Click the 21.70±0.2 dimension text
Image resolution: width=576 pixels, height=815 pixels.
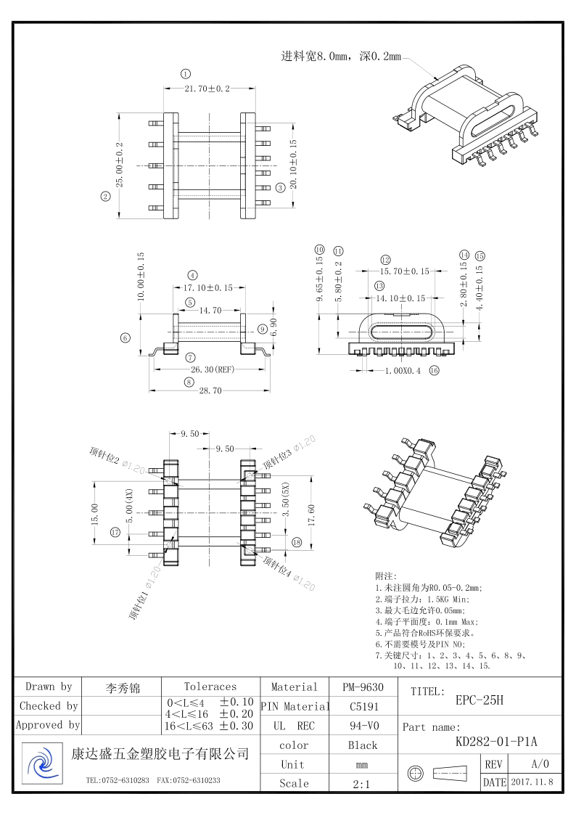(207, 89)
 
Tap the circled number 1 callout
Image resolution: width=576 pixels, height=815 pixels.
(186, 74)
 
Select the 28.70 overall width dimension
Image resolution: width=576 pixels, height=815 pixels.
(210, 391)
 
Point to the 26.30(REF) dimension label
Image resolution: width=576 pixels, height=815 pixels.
(211, 369)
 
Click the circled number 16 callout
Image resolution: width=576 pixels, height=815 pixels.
(435, 370)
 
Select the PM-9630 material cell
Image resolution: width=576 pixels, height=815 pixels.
(363, 687)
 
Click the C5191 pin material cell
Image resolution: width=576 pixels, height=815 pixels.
(363, 705)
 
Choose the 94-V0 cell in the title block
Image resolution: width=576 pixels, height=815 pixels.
(363, 725)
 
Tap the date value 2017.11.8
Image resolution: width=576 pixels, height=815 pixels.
(532, 782)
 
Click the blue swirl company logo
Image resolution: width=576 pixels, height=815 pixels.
(43, 763)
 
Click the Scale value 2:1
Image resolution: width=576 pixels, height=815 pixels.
(363, 783)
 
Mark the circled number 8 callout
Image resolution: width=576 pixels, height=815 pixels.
(189, 382)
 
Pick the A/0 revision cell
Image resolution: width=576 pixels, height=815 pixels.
(540, 764)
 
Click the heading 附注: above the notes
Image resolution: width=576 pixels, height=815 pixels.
(386, 576)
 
